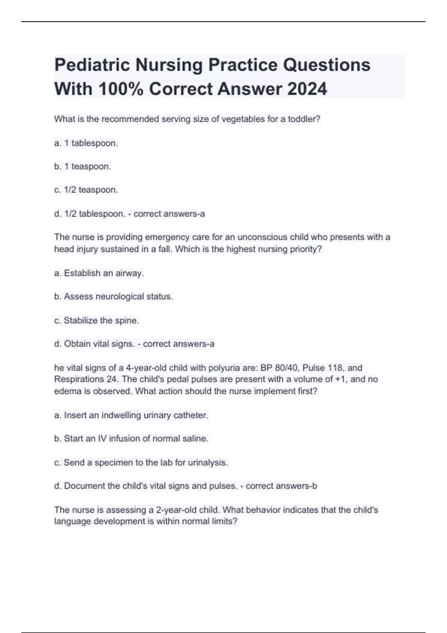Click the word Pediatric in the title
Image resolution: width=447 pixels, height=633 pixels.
92,65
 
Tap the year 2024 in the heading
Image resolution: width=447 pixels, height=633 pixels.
307,89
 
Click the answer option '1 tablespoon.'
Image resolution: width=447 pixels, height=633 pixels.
91,143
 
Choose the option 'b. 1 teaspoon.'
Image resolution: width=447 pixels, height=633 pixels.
83,166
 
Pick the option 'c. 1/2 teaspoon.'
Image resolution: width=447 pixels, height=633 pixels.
86,190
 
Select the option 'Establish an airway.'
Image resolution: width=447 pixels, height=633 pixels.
104,273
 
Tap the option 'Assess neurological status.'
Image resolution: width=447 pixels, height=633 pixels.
118,297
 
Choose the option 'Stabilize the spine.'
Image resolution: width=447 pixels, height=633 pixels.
101,321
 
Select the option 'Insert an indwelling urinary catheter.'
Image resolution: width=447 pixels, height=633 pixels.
136,415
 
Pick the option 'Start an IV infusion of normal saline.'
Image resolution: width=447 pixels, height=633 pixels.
136,439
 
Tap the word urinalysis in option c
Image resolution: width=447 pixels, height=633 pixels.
207,462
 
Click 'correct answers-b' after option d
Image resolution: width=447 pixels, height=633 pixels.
281,486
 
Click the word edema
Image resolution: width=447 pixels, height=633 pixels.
65,391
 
